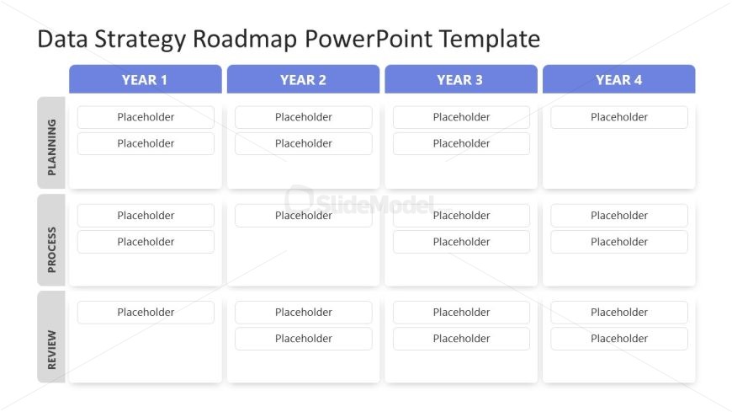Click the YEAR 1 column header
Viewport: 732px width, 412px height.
coord(145,80)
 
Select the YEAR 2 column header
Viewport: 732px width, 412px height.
coord(303,80)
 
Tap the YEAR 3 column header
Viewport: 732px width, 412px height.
coord(460,80)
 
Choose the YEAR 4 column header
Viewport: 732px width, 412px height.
coord(618,80)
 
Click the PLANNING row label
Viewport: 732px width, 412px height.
coord(51,142)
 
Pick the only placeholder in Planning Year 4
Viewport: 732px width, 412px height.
coord(618,117)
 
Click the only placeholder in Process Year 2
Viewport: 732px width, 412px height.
coord(303,216)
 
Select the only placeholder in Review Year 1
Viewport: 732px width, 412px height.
coord(146,313)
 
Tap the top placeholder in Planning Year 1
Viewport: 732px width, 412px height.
coord(146,117)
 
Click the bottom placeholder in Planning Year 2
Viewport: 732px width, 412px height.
coord(303,143)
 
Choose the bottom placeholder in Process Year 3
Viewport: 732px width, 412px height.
coord(461,242)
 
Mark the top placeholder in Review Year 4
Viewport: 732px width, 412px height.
coord(618,313)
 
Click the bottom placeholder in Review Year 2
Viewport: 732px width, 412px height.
coord(303,339)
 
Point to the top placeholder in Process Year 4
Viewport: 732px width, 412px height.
coord(618,216)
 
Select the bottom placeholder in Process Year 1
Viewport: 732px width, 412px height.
coord(146,242)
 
